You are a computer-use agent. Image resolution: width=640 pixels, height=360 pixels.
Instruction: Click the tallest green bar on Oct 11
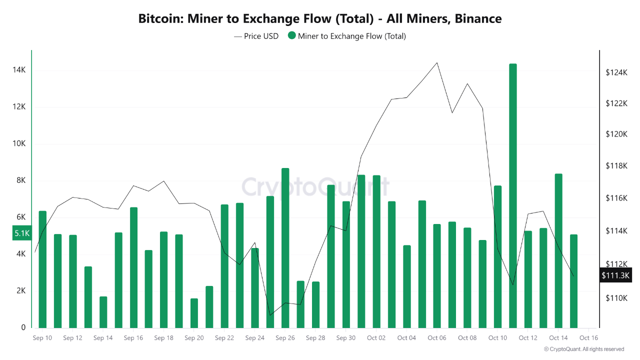(x=512, y=195)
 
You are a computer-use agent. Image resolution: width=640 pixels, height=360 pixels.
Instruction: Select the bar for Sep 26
(x=285, y=247)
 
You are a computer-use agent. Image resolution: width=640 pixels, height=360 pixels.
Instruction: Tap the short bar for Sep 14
(x=103, y=312)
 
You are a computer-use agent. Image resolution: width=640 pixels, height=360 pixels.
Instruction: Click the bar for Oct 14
(x=558, y=250)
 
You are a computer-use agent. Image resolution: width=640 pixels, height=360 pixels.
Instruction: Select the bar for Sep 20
(x=194, y=313)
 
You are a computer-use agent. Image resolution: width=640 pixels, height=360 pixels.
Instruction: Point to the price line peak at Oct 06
(x=437, y=63)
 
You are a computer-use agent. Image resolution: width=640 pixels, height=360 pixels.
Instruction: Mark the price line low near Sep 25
(x=270, y=315)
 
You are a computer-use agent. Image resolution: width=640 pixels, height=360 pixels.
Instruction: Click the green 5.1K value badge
(x=22, y=233)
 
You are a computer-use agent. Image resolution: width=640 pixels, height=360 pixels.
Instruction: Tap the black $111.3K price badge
(x=615, y=275)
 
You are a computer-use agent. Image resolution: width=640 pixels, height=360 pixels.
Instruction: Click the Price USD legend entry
(x=256, y=36)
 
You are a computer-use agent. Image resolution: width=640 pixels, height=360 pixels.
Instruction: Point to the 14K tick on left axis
(x=19, y=70)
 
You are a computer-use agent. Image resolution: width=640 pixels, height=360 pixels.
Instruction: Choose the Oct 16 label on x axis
(x=588, y=338)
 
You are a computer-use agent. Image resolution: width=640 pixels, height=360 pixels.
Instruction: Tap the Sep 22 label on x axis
(x=224, y=338)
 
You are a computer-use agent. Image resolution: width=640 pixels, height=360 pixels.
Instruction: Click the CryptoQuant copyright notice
(x=584, y=349)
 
